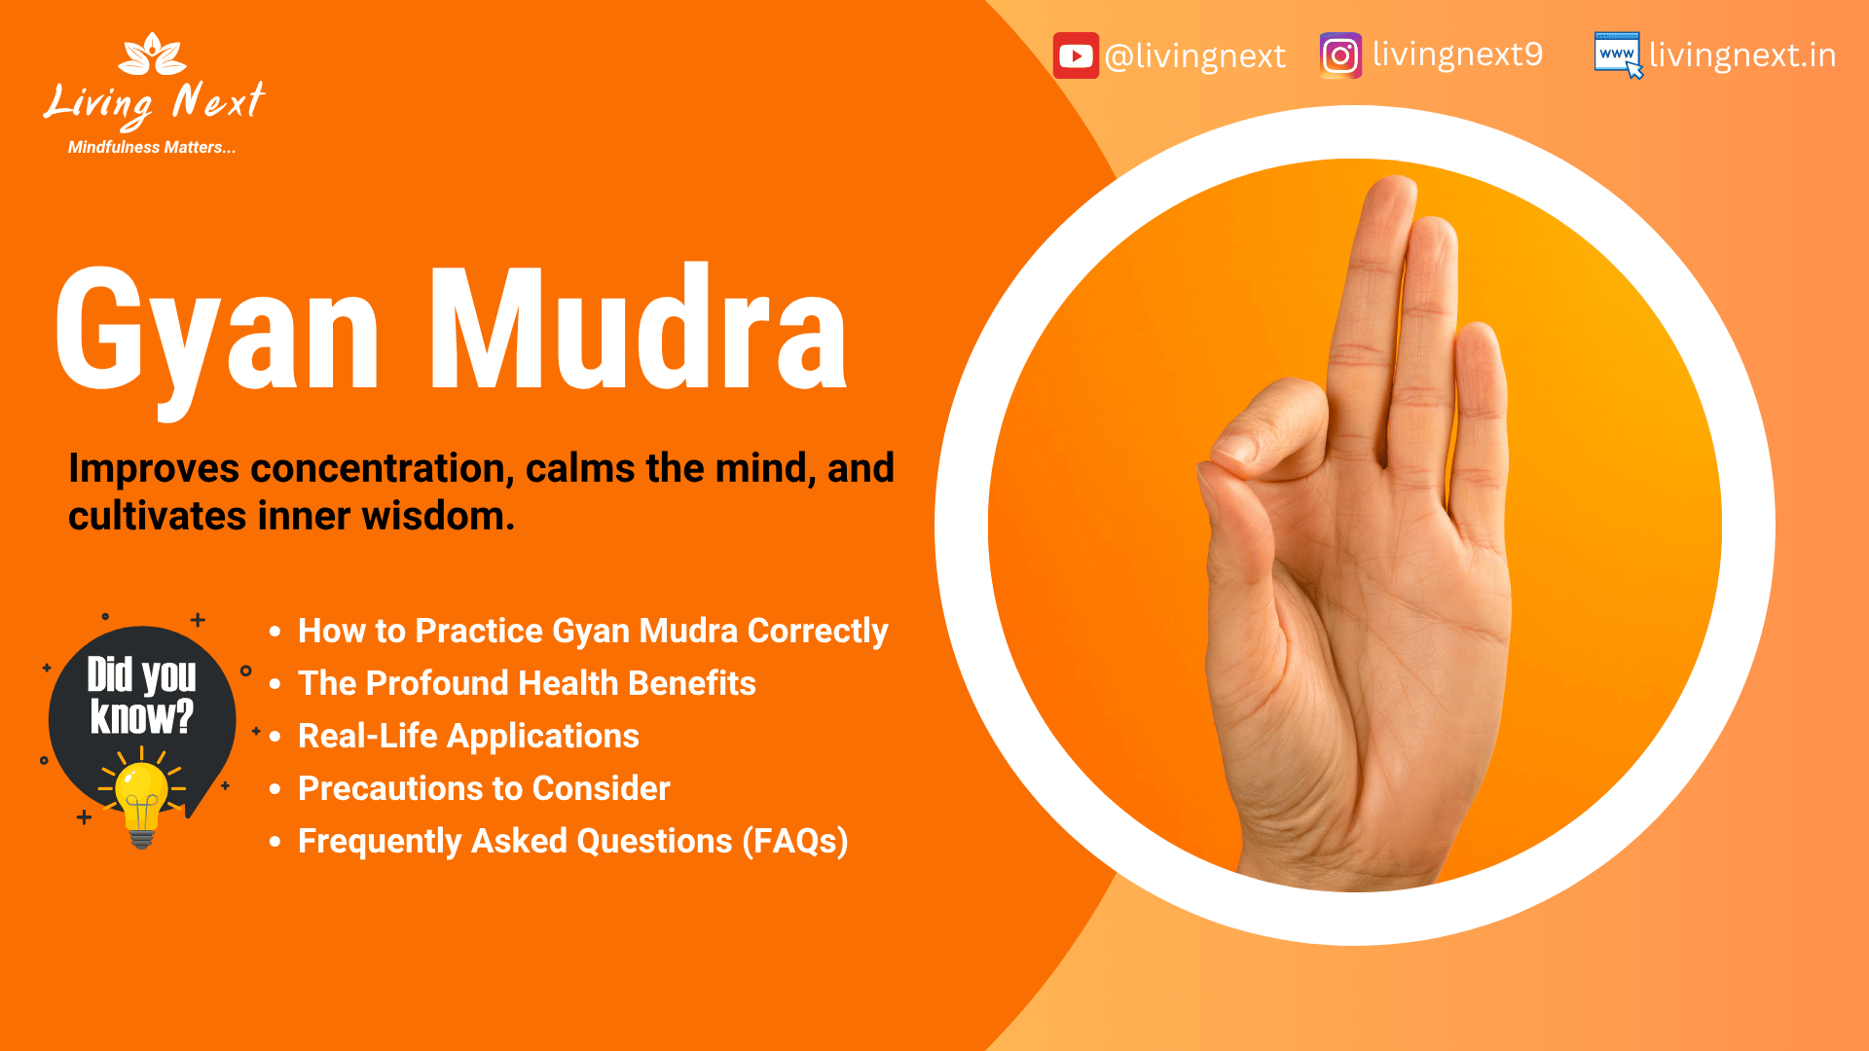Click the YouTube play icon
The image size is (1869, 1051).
click(1076, 55)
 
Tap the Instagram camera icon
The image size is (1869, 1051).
click(1340, 55)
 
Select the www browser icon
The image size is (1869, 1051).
click(1617, 54)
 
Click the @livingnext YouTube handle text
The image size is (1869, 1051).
click(1195, 56)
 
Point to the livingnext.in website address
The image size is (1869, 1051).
click(1742, 55)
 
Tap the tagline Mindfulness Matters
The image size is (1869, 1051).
click(151, 148)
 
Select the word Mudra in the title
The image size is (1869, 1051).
click(638, 331)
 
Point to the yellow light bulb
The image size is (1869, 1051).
click(142, 793)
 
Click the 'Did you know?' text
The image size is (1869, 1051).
click(142, 696)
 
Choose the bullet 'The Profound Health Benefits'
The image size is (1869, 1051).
click(527, 683)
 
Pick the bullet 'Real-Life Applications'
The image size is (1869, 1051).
click(468, 736)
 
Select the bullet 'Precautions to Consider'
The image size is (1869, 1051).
click(484, 788)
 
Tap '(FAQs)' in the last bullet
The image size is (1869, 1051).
click(795, 841)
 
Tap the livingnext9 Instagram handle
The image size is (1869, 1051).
click(1457, 54)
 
